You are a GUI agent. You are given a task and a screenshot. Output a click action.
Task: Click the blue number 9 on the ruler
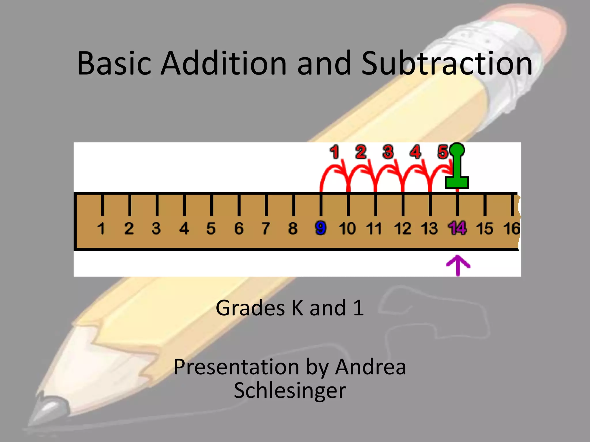tap(321, 228)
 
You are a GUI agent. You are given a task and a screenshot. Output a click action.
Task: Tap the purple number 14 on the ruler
tap(457, 228)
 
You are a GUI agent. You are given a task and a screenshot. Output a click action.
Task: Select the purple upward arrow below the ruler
tap(458, 265)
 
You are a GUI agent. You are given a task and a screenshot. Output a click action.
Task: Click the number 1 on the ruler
tap(101, 228)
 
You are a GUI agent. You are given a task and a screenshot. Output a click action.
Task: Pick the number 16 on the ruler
tap(512, 228)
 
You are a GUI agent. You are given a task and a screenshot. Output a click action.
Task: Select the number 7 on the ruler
tap(266, 228)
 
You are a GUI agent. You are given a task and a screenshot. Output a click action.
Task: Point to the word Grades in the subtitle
tap(250, 308)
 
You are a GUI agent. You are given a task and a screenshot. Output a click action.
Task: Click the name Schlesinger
tap(290, 390)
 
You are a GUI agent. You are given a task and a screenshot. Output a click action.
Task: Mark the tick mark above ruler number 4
tap(184, 205)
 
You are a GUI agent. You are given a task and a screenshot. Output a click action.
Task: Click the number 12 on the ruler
tap(402, 228)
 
